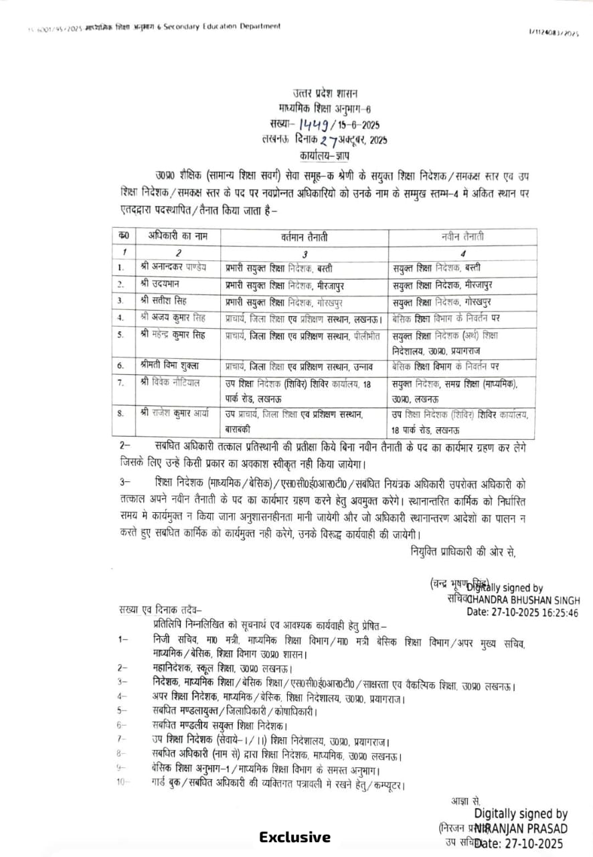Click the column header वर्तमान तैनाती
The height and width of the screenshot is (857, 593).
(x=304, y=237)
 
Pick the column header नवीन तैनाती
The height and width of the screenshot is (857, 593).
(x=463, y=237)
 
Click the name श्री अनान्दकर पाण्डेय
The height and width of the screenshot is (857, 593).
(x=174, y=267)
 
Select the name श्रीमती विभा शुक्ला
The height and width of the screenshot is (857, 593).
(x=171, y=366)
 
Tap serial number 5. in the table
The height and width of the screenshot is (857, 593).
(x=120, y=335)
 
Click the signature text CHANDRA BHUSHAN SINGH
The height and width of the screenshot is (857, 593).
(x=524, y=600)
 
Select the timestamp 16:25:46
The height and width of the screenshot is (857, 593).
(x=555, y=613)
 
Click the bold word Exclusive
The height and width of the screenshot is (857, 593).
(x=295, y=837)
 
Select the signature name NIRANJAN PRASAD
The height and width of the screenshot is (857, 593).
(x=521, y=829)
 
